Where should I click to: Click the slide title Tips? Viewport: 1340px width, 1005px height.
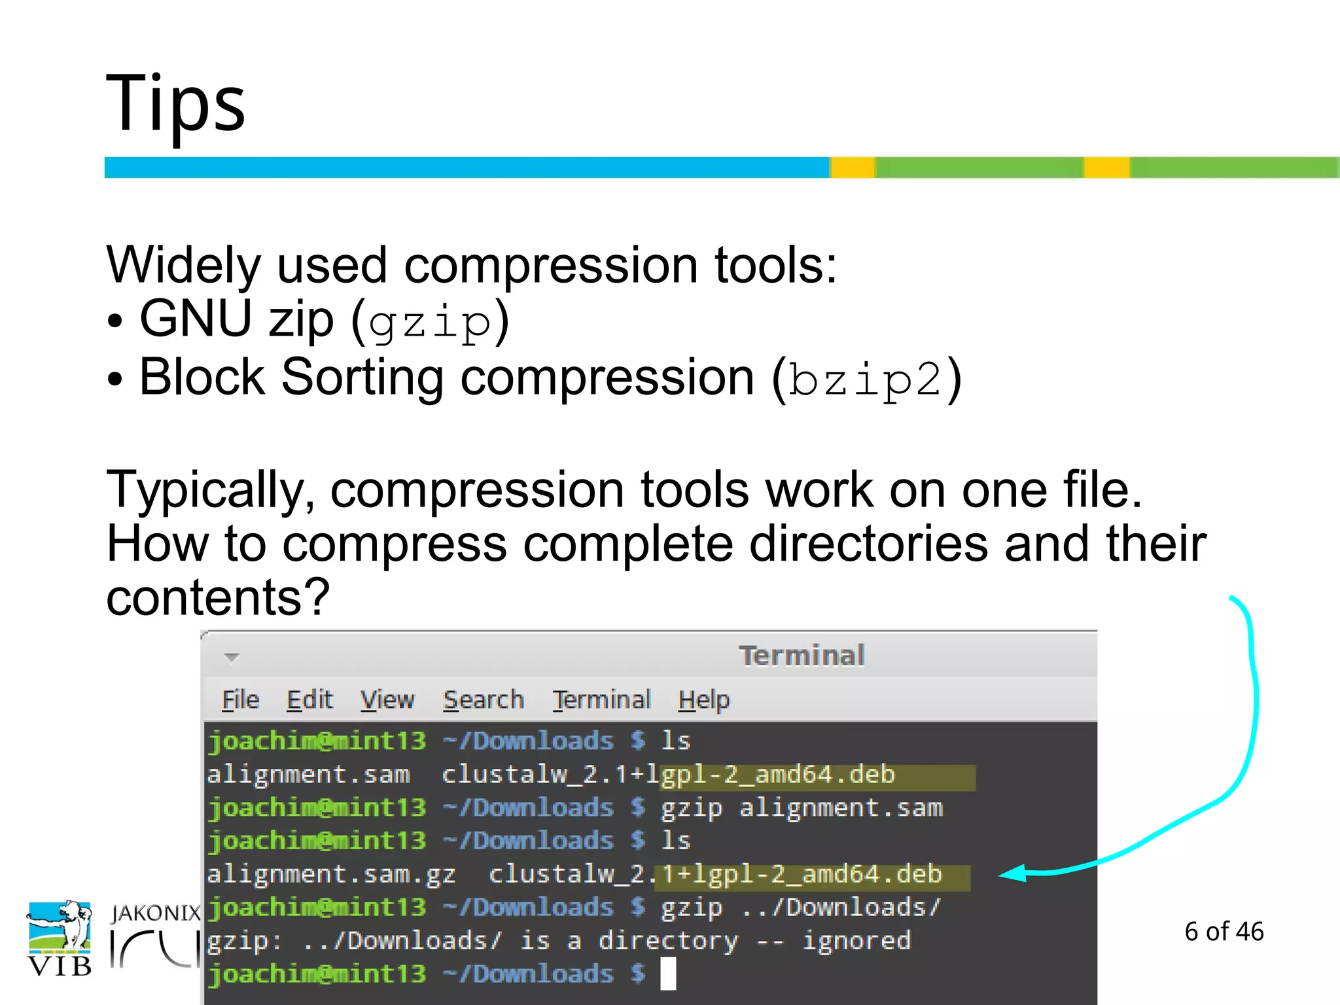click(175, 103)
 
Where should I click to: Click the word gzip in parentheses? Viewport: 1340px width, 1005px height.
click(429, 322)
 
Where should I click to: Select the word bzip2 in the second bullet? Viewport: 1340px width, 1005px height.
click(864, 379)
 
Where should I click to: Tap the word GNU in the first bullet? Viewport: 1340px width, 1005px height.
click(196, 319)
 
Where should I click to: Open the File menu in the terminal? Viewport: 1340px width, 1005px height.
click(240, 700)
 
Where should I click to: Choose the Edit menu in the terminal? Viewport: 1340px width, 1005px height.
click(309, 700)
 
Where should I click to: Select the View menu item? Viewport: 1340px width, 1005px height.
click(387, 700)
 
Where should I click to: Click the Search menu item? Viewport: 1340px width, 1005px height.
click(483, 700)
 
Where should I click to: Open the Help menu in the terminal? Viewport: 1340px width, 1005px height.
click(703, 700)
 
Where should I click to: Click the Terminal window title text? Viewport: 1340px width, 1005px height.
click(802, 656)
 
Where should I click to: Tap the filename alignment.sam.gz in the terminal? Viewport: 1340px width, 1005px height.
click(331, 875)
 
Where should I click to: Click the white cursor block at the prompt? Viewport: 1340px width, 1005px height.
click(668, 974)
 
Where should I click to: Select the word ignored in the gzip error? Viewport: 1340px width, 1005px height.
click(856, 941)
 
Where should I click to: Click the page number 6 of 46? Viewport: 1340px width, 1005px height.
click(1224, 931)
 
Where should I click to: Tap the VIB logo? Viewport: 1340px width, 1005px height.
click(59, 938)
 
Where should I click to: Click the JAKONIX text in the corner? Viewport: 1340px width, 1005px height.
click(156, 913)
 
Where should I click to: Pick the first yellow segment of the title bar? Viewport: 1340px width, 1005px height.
click(853, 167)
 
